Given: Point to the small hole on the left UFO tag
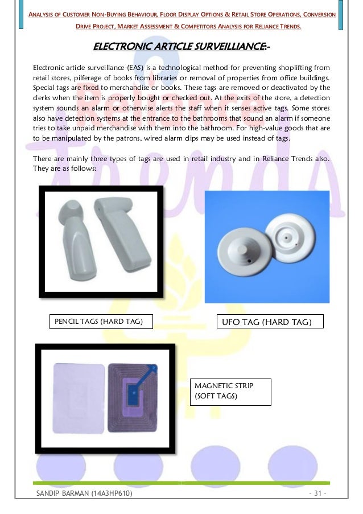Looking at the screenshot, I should click(x=249, y=261).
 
